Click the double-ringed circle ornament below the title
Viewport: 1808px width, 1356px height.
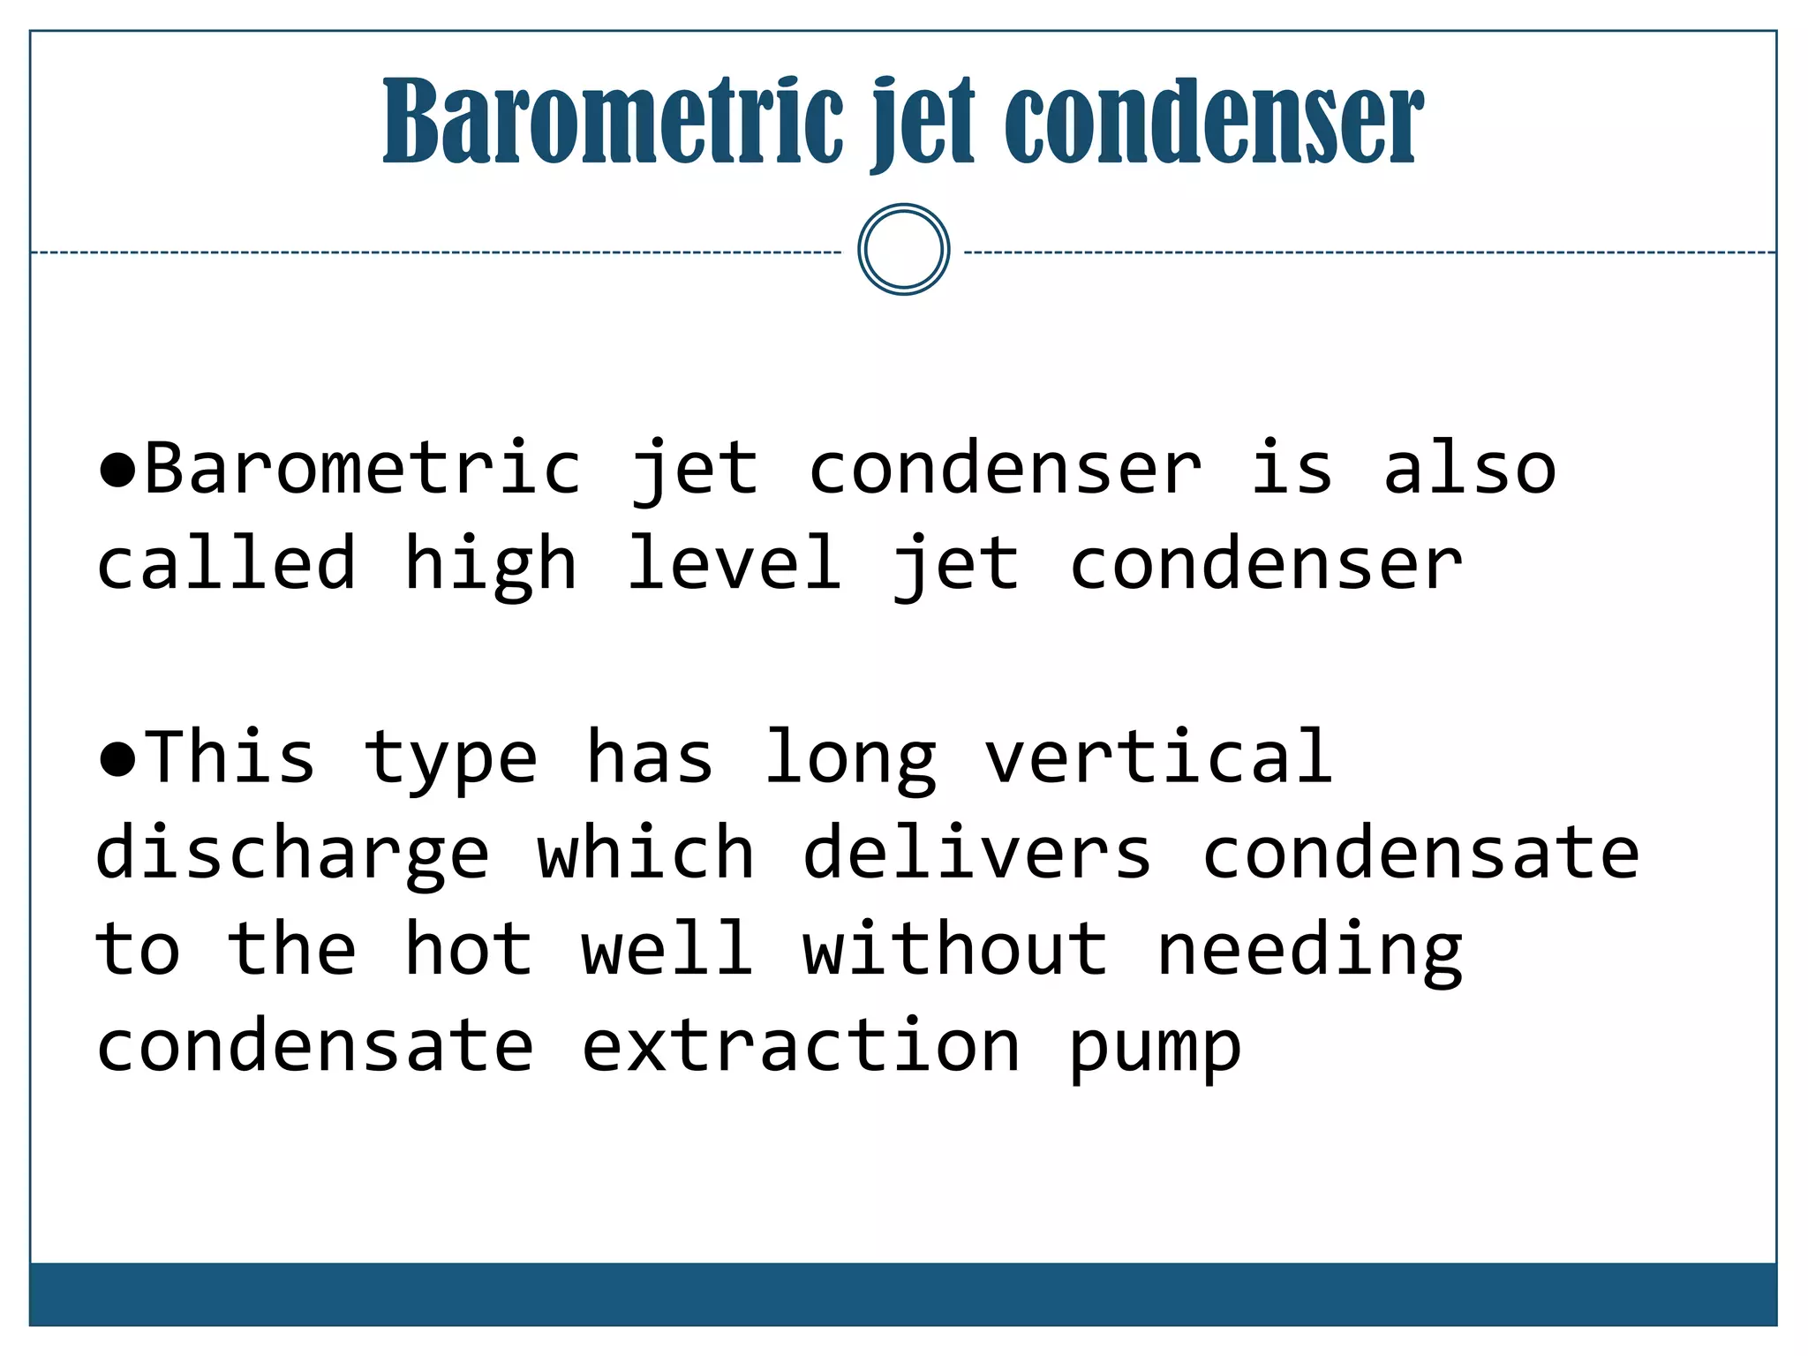(903, 250)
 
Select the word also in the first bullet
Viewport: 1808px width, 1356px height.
(1469, 469)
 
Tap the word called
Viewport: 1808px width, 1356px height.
(226, 563)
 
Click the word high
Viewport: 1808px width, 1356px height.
(491, 565)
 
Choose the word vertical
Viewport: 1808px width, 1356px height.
(1158, 757)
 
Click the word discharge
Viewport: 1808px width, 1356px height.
(292, 855)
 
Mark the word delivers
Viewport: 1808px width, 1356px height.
(977, 853)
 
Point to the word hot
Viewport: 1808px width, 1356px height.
(469, 949)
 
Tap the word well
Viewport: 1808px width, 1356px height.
(667, 949)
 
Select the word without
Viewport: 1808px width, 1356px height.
(955, 949)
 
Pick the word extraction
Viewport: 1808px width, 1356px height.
(801, 1046)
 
